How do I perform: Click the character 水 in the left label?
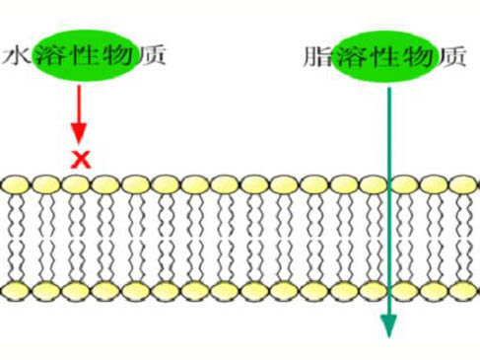17,53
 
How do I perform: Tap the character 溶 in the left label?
49,53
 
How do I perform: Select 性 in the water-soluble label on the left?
83,53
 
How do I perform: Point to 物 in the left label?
116,53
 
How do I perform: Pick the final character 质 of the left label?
150,53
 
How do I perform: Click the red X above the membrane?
80,158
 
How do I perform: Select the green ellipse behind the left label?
83,53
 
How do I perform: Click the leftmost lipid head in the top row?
15,184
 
